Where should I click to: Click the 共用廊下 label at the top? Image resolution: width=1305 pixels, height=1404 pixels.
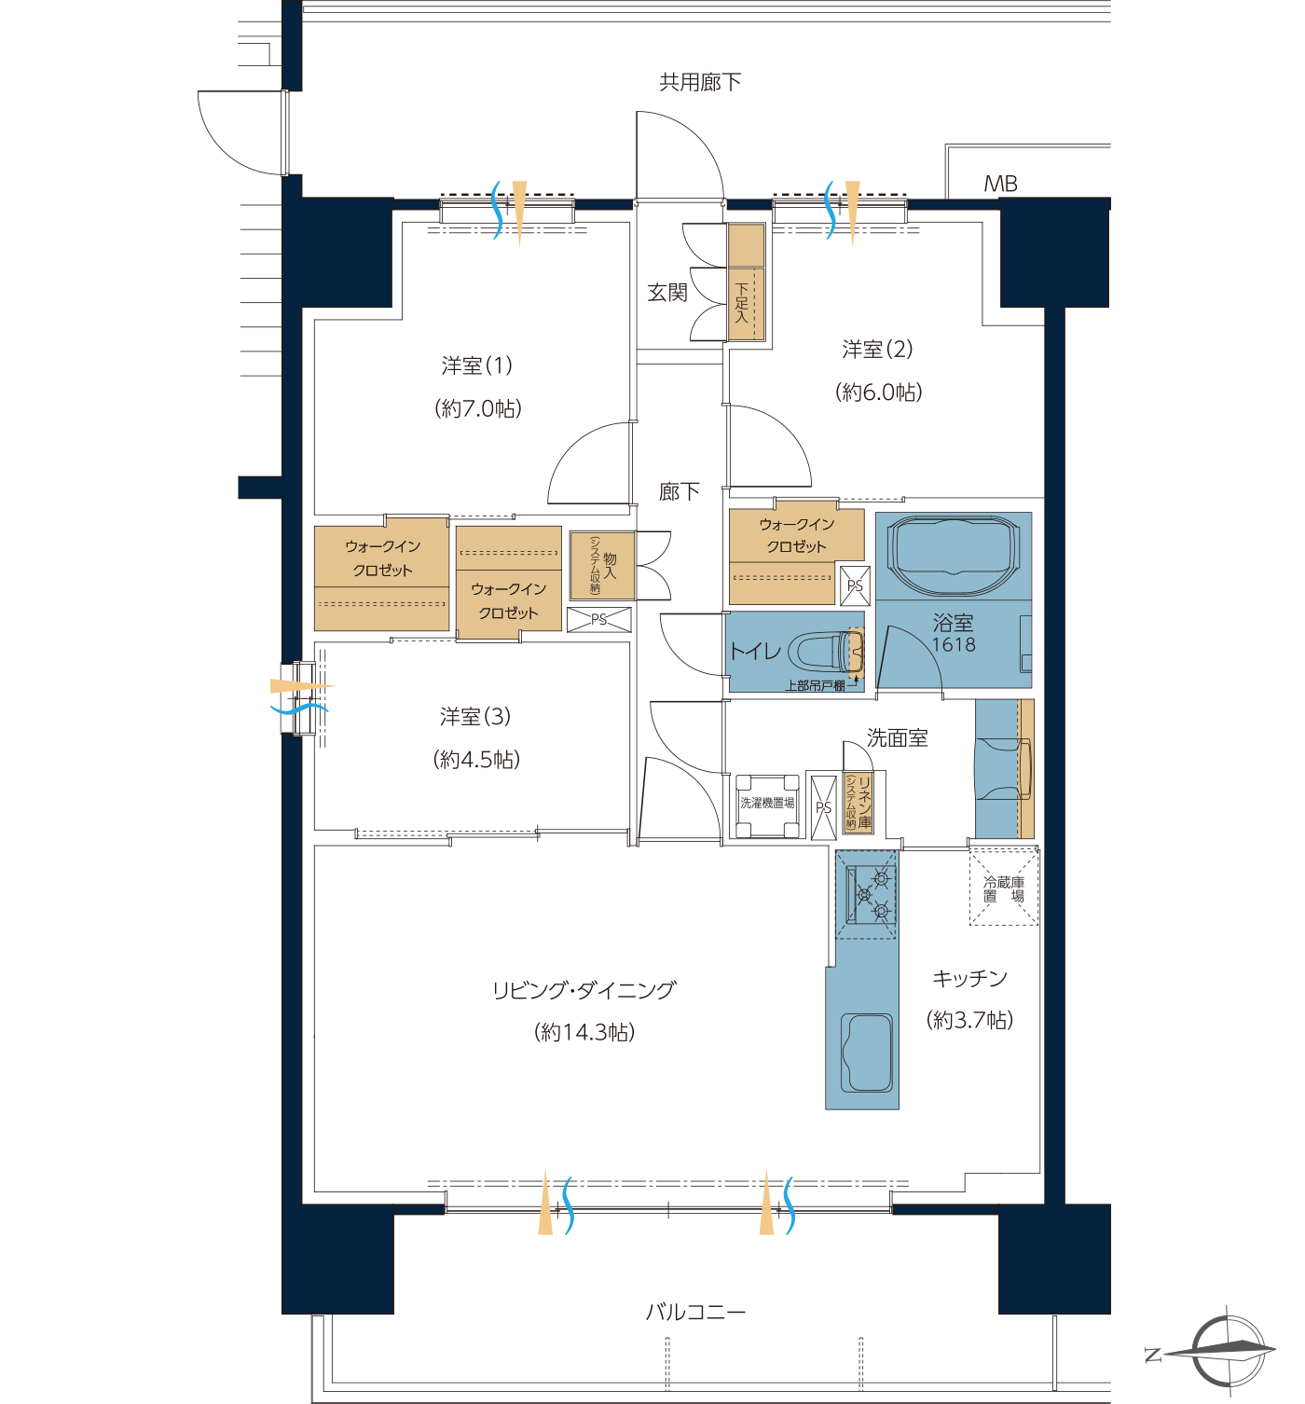point(700,83)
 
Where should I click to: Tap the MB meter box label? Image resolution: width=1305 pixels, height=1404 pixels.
point(1000,184)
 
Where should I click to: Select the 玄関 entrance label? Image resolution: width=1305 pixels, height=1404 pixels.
point(667,292)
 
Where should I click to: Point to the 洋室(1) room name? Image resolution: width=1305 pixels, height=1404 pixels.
point(477,365)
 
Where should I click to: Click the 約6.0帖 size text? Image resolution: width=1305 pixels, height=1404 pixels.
point(879,392)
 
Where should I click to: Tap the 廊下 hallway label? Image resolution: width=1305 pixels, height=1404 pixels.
point(679,491)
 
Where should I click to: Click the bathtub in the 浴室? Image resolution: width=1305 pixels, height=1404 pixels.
point(953,556)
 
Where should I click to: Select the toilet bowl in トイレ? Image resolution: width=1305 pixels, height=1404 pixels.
point(826,651)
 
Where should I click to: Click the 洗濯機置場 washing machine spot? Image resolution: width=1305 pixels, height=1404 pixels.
point(767,805)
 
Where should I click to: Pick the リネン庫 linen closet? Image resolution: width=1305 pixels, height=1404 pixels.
point(858,803)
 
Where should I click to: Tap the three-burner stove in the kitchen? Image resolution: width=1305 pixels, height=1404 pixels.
point(866,894)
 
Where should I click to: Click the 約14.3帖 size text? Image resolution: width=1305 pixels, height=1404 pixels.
point(584,1031)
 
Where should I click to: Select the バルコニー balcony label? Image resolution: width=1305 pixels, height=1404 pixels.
point(695,1313)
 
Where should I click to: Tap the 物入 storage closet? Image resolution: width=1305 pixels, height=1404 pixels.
point(602,566)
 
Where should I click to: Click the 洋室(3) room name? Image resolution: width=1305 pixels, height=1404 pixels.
point(475,717)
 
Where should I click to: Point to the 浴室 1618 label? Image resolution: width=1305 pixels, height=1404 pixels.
point(953,633)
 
